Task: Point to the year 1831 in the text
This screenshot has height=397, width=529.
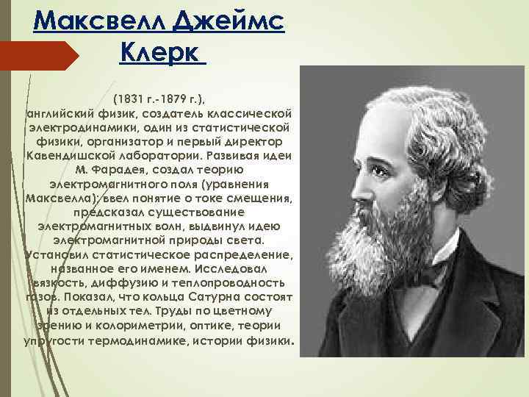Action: pos(128,99)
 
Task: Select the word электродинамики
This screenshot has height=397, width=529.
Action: pos(79,127)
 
